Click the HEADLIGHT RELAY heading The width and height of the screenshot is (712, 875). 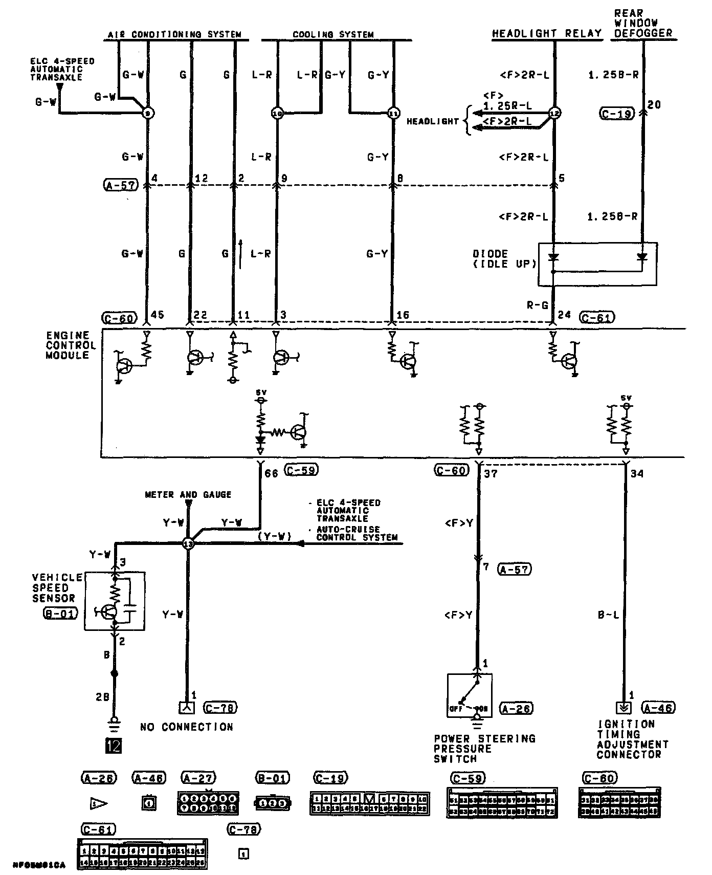click(x=546, y=33)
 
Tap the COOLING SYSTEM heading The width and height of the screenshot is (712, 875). click(x=333, y=35)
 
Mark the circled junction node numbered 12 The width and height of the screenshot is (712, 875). click(x=554, y=113)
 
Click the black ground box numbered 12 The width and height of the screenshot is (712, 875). click(x=113, y=746)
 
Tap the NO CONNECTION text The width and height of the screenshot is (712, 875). click(x=187, y=727)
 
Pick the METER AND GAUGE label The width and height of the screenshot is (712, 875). click(x=188, y=495)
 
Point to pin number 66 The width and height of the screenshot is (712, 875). click(x=271, y=474)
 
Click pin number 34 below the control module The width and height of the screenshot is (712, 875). click(x=636, y=474)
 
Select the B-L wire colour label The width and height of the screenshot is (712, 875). click(x=608, y=615)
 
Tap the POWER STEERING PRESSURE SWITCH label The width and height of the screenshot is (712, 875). click(x=484, y=748)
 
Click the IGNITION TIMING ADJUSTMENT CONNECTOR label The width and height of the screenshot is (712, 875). click(x=632, y=739)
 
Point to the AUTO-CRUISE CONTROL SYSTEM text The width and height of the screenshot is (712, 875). click(x=357, y=533)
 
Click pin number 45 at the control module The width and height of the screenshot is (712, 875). click(x=158, y=315)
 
